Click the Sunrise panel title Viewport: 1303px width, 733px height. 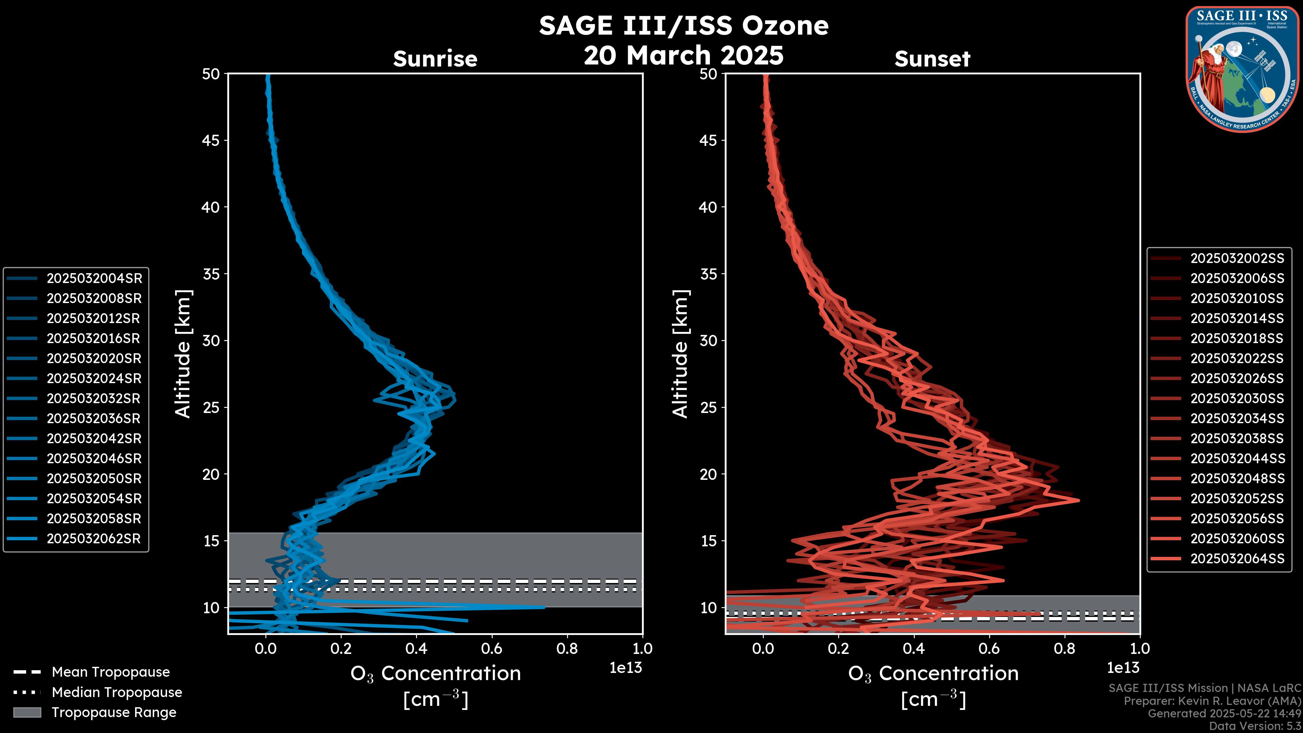click(x=435, y=59)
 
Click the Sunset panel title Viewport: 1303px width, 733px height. click(x=932, y=59)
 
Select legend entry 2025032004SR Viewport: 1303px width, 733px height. click(x=94, y=278)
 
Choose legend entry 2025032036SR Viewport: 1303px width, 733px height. click(x=94, y=418)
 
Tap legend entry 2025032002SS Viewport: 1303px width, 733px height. click(x=1237, y=258)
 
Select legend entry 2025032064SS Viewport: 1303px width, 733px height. click(x=1237, y=559)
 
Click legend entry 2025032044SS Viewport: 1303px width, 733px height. click(x=1237, y=458)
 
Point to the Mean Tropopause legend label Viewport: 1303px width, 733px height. click(x=110, y=672)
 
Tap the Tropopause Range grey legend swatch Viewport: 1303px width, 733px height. click(x=27, y=712)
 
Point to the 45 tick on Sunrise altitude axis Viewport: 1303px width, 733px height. click(x=211, y=140)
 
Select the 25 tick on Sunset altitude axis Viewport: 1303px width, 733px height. click(x=709, y=407)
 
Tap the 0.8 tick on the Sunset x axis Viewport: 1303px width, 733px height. click(x=1064, y=649)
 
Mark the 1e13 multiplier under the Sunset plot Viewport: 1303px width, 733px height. click(x=1123, y=668)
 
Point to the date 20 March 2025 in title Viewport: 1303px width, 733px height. click(x=683, y=55)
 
